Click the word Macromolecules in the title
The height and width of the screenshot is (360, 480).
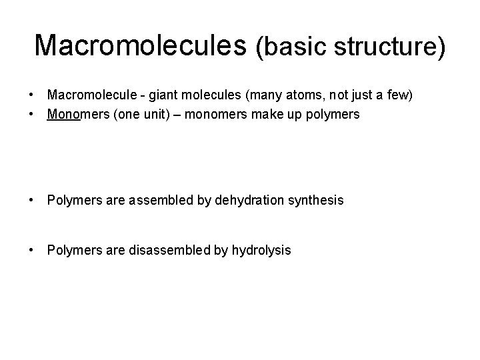(140, 45)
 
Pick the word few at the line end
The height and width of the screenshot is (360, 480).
(399, 96)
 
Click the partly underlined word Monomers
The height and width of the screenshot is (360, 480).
(76, 114)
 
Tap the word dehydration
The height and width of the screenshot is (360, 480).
(246, 199)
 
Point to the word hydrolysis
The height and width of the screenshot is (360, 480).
(261, 251)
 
